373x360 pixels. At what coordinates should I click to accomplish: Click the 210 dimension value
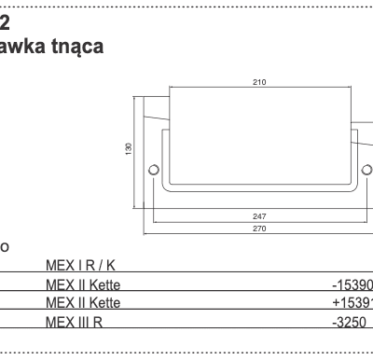[259, 82]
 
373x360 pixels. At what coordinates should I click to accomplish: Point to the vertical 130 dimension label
[129, 148]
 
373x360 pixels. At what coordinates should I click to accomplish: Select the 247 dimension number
[259, 215]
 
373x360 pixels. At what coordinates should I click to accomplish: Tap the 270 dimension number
[259, 228]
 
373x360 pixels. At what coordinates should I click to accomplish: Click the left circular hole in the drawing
[155, 169]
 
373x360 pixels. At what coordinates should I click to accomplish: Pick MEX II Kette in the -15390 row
[83, 284]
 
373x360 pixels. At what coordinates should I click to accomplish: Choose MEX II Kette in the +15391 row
[83, 303]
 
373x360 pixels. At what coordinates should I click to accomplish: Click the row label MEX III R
[74, 322]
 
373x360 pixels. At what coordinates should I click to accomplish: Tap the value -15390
[352, 284]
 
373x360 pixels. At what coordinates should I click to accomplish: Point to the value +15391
[352, 303]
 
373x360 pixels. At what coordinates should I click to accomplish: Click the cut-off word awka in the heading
[21, 45]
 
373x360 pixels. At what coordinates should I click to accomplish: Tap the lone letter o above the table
[5, 247]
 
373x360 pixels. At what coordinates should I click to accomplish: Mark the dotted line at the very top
[186, 6]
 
